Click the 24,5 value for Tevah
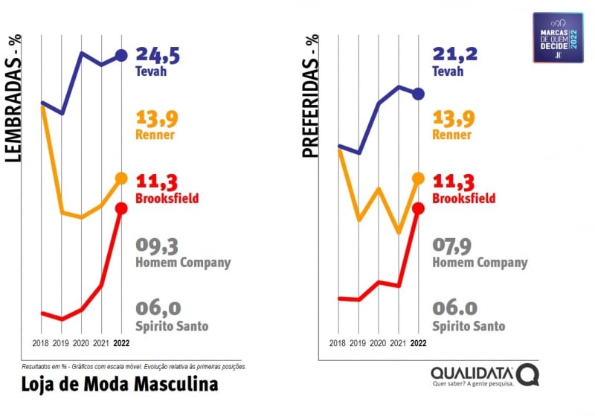[x=158, y=55]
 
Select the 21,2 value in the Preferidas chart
[x=454, y=55]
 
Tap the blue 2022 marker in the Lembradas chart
[x=121, y=55]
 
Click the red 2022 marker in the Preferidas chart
[x=418, y=208]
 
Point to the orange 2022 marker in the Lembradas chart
[x=121, y=179]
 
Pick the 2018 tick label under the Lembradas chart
[x=42, y=344]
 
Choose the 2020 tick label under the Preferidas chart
[x=378, y=344]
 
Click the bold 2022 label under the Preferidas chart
[x=418, y=344]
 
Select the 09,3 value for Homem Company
[x=158, y=246]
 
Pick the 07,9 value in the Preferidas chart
[x=454, y=246]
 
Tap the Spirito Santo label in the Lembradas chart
[x=172, y=326]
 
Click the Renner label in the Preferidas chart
[x=451, y=135]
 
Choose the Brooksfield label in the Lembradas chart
[x=167, y=199]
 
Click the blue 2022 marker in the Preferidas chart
[x=418, y=94]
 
